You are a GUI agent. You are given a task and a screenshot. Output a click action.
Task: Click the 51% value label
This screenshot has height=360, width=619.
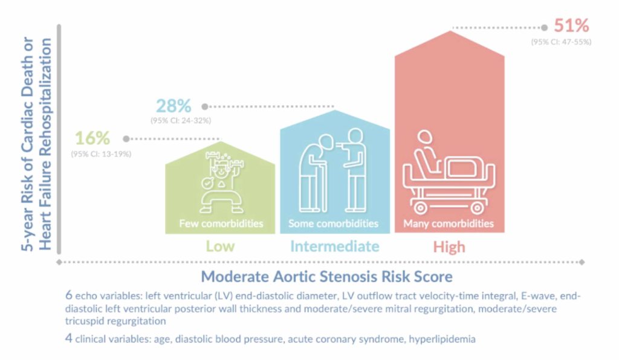tap(571, 26)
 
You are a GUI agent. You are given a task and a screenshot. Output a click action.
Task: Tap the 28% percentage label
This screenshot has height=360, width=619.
tap(173, 106)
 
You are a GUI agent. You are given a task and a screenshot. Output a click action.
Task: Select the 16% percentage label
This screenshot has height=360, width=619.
tap(92, 138)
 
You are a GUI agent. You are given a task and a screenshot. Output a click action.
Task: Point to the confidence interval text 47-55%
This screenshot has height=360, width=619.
tap(561, 42)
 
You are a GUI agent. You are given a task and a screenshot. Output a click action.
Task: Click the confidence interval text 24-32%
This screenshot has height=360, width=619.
tap(180, 120)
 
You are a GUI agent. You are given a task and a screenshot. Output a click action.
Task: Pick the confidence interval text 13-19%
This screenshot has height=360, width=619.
tap(101, 154)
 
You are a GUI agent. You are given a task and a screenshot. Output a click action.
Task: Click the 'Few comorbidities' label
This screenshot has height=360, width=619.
tap(221, 223)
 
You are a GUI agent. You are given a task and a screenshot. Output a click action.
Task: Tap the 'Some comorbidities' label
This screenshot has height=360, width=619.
tap(333, 223)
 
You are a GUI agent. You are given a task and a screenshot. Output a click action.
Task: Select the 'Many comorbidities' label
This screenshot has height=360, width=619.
tap(449, 223)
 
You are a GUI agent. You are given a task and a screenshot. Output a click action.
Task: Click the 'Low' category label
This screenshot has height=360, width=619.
tap(220, 246)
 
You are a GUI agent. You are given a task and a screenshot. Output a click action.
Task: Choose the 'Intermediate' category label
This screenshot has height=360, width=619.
tap(335, 246)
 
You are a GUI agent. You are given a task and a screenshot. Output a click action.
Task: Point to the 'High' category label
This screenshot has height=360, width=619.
tap(449, 247)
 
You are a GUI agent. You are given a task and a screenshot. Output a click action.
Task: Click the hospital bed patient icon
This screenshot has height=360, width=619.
tap(449, 172)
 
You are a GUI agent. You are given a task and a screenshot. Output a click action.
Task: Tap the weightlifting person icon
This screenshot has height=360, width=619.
tap(221, 182)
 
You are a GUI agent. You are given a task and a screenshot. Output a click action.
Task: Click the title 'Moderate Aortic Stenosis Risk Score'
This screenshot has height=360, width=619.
tap(326, 276)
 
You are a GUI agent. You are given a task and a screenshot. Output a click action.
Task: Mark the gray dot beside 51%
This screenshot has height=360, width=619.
tap(545, 28)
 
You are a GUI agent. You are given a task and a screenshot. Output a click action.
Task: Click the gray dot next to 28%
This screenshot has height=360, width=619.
tap(204, 106)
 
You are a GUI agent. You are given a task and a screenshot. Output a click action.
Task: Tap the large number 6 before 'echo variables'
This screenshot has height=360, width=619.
tap(69, 295)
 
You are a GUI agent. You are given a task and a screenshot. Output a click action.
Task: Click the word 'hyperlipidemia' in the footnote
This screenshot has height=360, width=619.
tap(442, 339)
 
